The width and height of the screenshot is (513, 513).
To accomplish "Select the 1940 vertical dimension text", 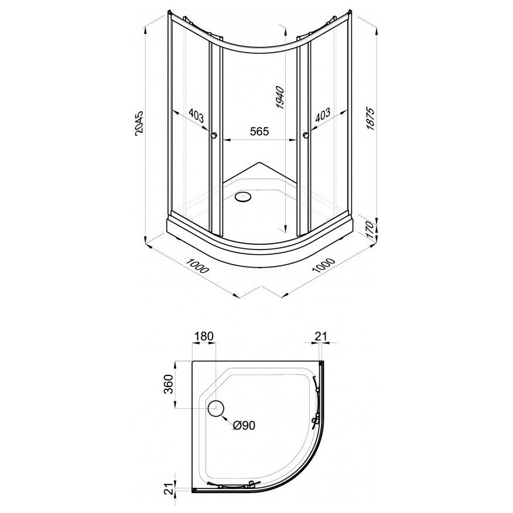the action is tap(281, 97).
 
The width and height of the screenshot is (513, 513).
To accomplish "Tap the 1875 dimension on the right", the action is tap(370, 118).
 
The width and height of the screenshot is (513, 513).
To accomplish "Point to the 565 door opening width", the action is tap(259, 131).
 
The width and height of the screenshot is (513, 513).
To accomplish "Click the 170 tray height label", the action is tap(370, 230).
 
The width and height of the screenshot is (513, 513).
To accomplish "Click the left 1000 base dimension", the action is tap(197, 265).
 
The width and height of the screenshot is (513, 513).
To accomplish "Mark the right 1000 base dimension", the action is tap(324, 265).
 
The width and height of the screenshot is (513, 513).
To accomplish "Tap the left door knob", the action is tap(214, 135).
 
